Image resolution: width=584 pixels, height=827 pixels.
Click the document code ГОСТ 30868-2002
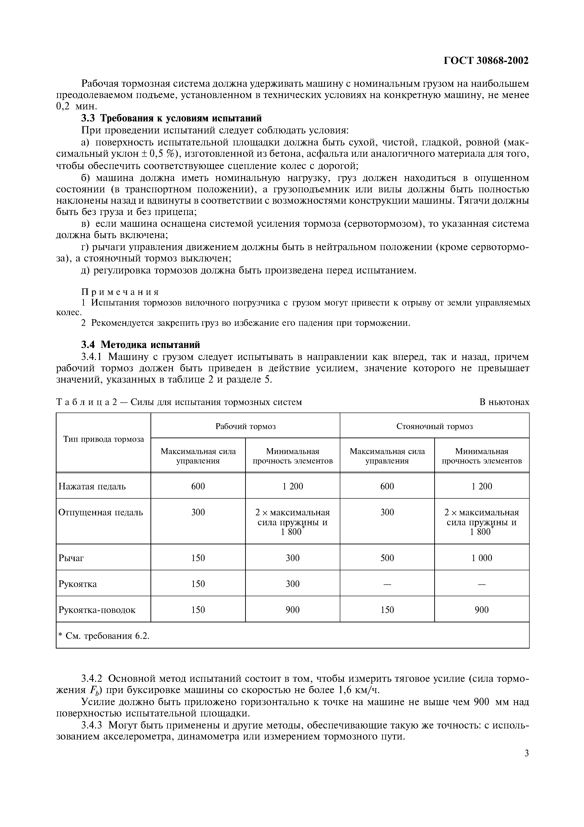coord(486,61)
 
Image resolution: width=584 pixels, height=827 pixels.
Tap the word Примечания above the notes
coord(120,292)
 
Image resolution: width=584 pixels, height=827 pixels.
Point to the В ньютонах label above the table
coord(504,402)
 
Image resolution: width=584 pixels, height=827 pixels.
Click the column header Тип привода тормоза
coord(103,439)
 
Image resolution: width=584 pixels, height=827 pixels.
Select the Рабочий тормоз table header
coord(245,426)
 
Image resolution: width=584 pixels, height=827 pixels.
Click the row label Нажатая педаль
coord(92,487)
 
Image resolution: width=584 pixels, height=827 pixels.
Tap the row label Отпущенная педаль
coord(100,512)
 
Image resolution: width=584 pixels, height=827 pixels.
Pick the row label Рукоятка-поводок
coord(97,610)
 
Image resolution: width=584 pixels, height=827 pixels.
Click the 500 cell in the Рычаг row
coord(387,558)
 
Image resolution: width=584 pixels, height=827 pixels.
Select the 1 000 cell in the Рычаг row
coord(482,558)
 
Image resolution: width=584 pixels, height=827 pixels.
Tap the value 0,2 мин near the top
coord(77,107)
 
